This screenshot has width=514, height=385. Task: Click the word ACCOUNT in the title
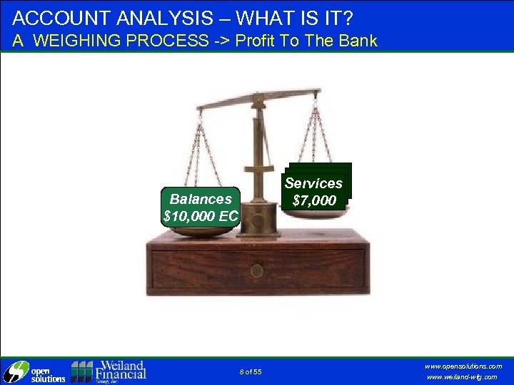point(54,16)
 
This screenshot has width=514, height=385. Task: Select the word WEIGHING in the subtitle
point(79,41)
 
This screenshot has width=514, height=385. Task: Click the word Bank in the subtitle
point(356,41)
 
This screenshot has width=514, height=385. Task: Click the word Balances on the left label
point(201,199)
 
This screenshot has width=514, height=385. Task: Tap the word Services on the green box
point(313,183)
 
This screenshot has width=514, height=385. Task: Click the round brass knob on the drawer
point(257,271)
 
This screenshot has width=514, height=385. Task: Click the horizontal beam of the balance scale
point(257,98)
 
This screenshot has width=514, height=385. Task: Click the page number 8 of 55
point(251,372)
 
